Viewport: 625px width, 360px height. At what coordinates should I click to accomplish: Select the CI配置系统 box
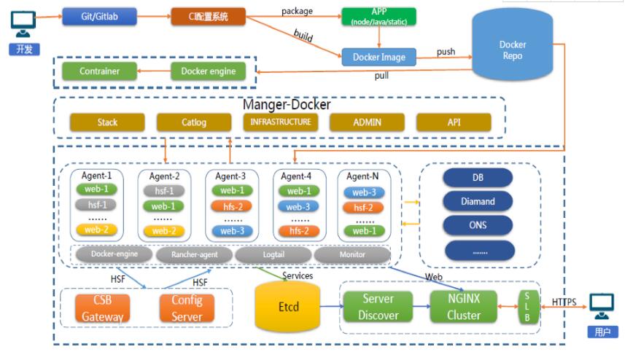pyautogui.click(x=208, y=15)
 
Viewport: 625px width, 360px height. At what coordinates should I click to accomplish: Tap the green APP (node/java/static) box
pyautogui.click(x=379, y=17)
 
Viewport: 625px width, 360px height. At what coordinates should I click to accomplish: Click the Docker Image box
pyautogui.click(x=379, y=56)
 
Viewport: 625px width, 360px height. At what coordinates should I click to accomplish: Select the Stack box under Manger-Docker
pyautogui.click(x=106, y=122)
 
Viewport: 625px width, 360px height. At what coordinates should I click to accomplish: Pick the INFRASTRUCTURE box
pyautogui.click(x=281, y=122)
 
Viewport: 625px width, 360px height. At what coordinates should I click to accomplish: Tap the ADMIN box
pyautogui.click(x=367, y=122)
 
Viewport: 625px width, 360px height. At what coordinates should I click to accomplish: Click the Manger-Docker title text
pyautogui.click(x=287, y=104)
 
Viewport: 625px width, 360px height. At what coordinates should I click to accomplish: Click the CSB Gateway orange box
pyautogui.click(x=103, y=308)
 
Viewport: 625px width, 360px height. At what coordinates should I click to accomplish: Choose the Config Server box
pyautogui.click(x=187, y=308)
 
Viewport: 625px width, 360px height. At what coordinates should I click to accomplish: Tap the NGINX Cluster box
pyautogui.click(x=464, y=306)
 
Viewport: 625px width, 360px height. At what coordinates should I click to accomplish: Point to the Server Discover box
pyautogui.click(x=379, y=306)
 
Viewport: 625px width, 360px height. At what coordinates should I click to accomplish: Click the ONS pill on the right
pyautogui.click(x=478, y=225)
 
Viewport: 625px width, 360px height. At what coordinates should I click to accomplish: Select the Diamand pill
pyautogui.click(x=478, y=201)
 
